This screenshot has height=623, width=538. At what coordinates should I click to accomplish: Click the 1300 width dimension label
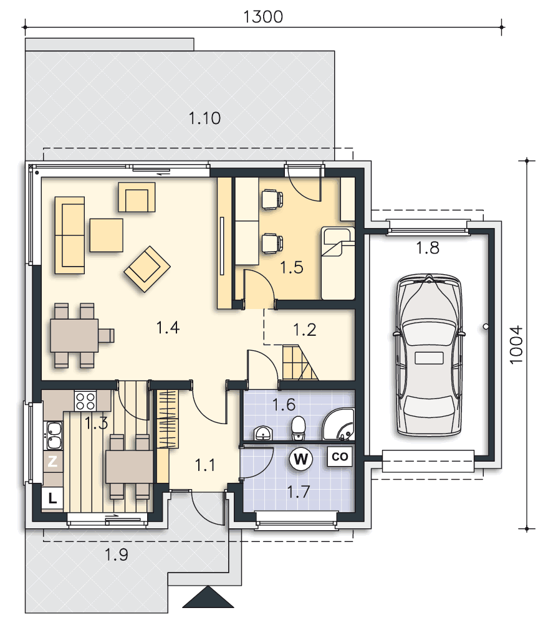pyautogui.click(x=263, y=17)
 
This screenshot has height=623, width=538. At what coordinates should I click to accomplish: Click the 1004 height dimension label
pyautogui.click(x=516, y=345)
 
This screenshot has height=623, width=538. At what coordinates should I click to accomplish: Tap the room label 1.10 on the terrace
pyautogui.click(x=204, y=118)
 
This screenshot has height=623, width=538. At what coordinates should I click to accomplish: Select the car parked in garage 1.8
pyautogui.click(x=429, y=356)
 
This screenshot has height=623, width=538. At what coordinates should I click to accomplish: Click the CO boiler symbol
pyautogui.click(x=340, y=457)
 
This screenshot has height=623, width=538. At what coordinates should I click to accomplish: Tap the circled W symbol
pyautogui.click(x=301, y=459)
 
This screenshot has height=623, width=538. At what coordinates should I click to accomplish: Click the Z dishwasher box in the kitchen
pyautogui.click(x=52, y=461)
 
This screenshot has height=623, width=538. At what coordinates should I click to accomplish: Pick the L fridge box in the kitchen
pyautogui.click(x=52, y=498)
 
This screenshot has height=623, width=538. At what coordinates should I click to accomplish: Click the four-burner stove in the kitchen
pyautogui.click(x=85, y=401)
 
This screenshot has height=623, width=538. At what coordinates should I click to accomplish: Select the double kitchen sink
pyautogui.click(x=54, y=435)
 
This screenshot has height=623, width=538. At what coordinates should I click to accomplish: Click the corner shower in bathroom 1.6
pyautogui.click(x=339, y=424)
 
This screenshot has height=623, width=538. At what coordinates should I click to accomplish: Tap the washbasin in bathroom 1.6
pyautogui.click(x=262, y=433)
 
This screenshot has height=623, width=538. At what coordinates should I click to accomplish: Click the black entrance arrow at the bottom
pyautogui.click(x=208, y=597)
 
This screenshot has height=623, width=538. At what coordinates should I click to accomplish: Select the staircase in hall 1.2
pyautogui.click(x=300, y=363)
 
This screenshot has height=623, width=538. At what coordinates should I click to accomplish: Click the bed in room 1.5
pyautogui.click(x=338, y=263)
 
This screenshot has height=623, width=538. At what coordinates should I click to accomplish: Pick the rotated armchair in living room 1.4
pyautogui.click(x=147, y=269)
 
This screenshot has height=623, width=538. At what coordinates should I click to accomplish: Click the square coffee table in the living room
pyautogui.click(x=106, y=235)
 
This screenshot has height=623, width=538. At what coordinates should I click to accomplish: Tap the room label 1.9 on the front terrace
pyautogui.click(x=116, y=554)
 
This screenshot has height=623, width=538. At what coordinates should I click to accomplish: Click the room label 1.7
pyautogui.click(x=298, y=492)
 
